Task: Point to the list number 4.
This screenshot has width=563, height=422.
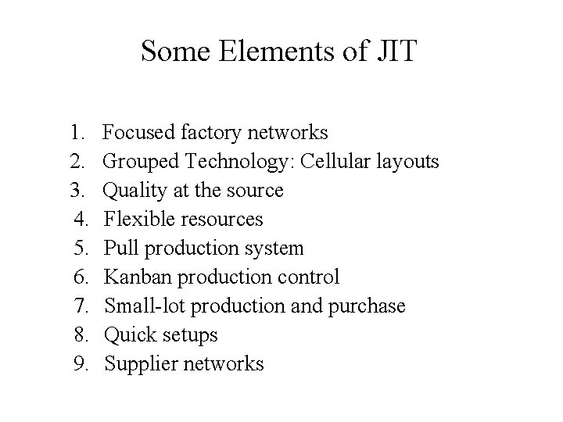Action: click(x=84, y=220)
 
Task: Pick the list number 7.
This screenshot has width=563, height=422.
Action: click(x=84, y=306)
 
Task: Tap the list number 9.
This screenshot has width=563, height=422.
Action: click(x=84, y=364)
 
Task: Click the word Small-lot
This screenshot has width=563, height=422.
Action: click(x=141, y=306)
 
